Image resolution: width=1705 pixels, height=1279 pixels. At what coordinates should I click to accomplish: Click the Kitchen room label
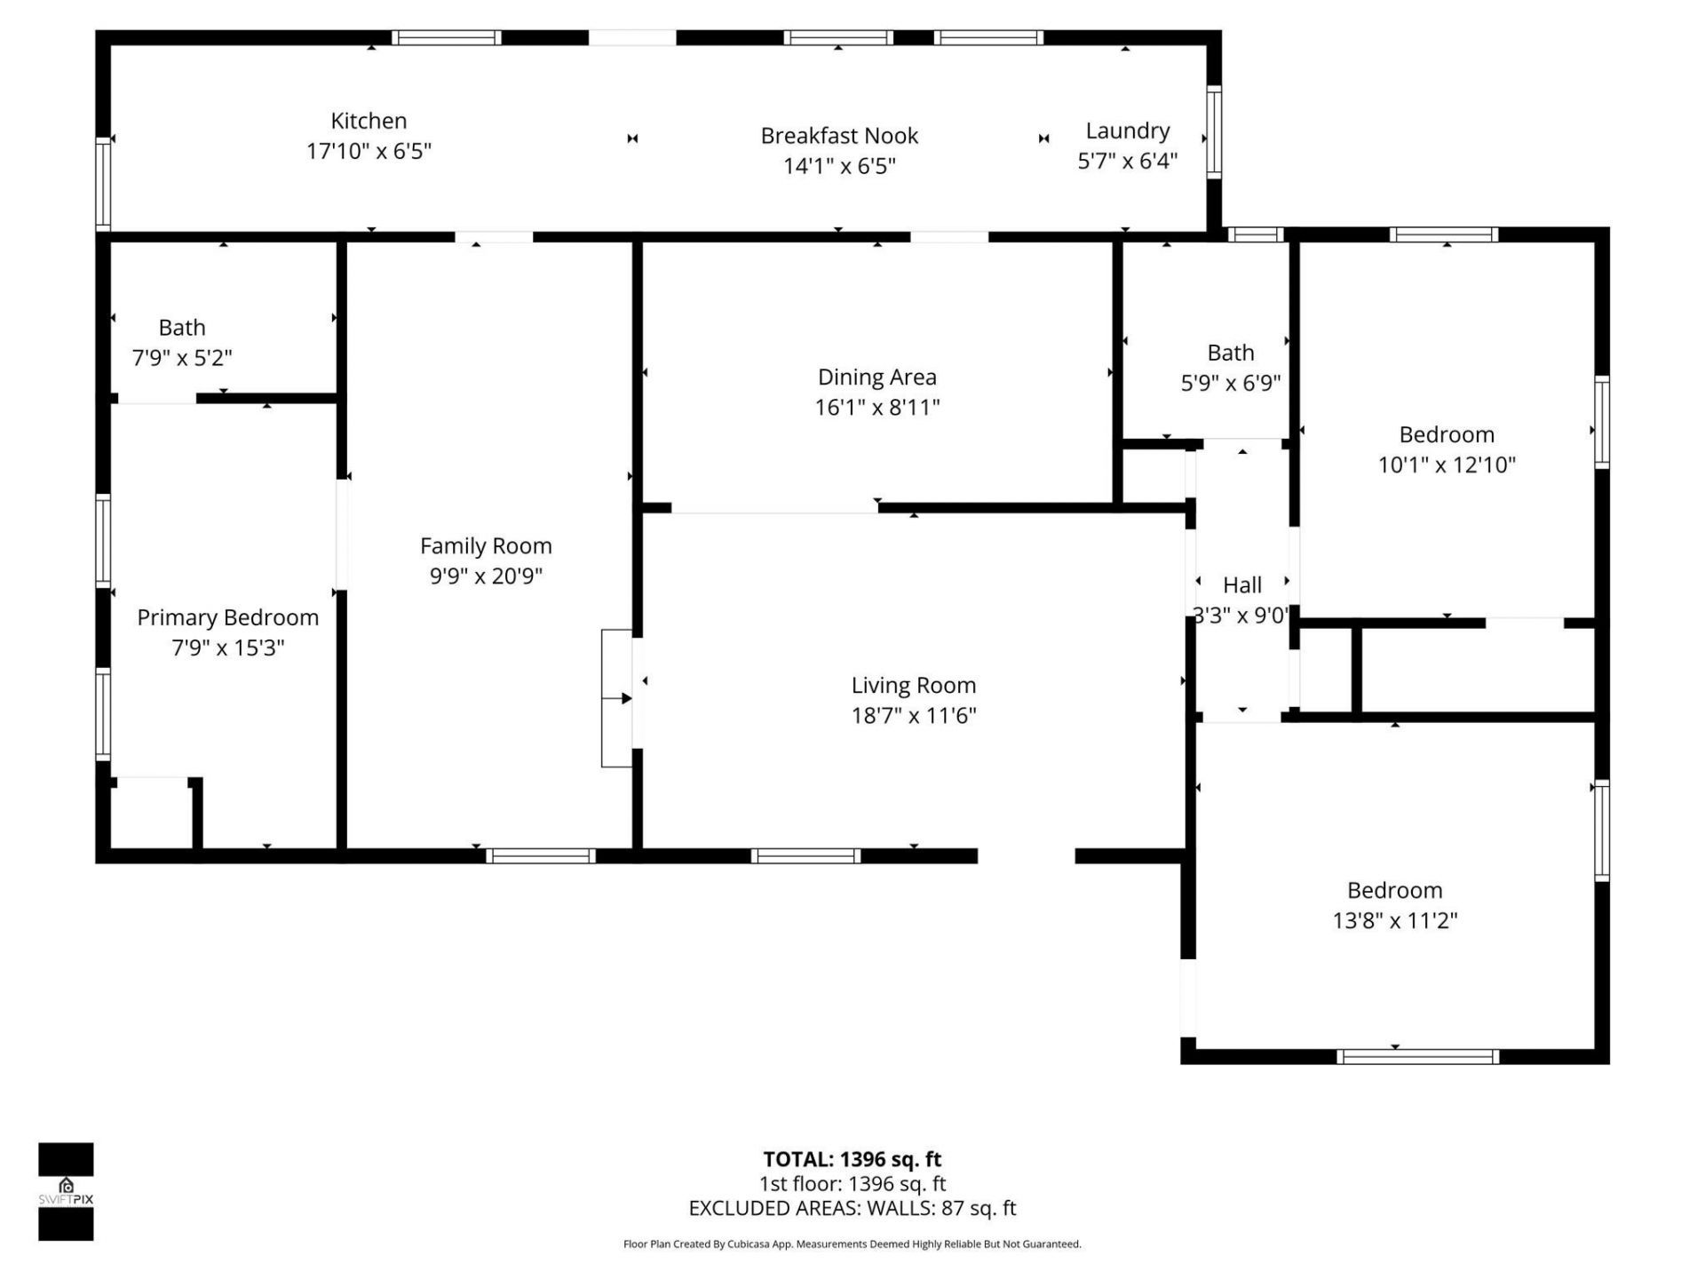369,121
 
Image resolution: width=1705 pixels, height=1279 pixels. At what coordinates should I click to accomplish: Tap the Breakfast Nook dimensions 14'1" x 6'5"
839,166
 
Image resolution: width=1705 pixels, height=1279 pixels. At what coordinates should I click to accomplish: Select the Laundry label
1127,131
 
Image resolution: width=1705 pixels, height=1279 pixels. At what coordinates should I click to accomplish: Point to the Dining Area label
876,377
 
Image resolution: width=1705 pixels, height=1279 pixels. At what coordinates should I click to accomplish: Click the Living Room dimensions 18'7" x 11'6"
913,715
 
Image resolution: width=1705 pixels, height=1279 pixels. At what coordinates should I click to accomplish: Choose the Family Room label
486,545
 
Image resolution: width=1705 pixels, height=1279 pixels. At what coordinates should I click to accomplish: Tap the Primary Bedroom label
227,617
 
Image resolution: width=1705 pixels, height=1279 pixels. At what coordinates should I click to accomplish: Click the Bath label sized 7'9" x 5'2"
182,328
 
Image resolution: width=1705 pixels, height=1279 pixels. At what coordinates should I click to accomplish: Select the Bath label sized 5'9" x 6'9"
1230,353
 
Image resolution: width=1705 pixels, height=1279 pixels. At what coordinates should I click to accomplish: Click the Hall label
1241,584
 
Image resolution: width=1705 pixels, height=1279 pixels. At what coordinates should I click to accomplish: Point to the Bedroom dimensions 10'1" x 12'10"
1446,465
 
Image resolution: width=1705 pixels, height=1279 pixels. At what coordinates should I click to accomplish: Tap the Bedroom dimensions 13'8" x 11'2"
1394,920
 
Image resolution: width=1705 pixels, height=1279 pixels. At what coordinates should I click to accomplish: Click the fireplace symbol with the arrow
617,698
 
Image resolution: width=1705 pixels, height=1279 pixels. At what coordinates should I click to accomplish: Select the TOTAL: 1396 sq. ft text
852,1159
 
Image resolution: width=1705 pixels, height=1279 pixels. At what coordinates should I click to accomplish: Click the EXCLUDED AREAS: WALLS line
852,1208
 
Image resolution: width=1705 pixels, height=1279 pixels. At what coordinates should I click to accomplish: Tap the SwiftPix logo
66,1191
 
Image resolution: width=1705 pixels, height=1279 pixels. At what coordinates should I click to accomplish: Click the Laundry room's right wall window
1214,131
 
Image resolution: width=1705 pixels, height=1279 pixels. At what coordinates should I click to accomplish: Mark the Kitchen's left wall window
103,183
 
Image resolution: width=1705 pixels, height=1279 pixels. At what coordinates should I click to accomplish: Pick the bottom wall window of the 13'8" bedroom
1417,1057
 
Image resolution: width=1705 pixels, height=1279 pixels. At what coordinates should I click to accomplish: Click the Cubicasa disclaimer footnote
852,1244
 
